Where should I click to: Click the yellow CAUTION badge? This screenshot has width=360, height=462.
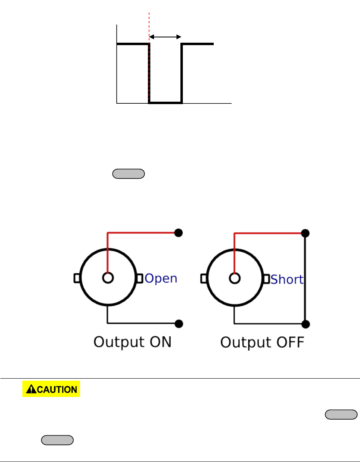[x=51, y=389]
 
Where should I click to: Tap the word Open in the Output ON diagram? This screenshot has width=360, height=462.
[x=161, y=279]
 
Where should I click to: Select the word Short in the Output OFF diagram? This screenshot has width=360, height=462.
[x=287, y=279]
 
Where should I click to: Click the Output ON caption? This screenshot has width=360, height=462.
[x=132, y=342]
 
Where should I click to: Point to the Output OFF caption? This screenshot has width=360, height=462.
[x=262, y=342]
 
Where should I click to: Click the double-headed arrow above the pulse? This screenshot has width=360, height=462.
[x=165, y=37]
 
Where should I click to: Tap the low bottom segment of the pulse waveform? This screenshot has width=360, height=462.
[x=165, y=103]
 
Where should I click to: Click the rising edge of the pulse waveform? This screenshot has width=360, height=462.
[x=182, y=73]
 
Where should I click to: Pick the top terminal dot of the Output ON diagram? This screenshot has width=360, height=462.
[x=178, y=233]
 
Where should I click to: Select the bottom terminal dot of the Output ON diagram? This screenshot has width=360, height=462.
[x=178, y=324]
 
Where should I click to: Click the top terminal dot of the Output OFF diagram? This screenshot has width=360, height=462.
[x=306, y=233]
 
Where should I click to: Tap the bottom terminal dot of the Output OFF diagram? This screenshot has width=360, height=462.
[x=306, y=324]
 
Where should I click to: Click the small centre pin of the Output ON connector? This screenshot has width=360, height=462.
[x=107, y=278]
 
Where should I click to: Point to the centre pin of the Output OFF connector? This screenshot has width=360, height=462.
[x=234, y=278]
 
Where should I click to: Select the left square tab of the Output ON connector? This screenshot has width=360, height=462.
[x=76, y=278]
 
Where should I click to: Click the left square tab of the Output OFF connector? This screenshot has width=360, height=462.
[x=204, y=278]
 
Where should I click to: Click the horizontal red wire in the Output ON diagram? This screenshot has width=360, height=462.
[x=142, y=233]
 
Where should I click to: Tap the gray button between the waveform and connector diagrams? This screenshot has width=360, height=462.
[x=128, y=174]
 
